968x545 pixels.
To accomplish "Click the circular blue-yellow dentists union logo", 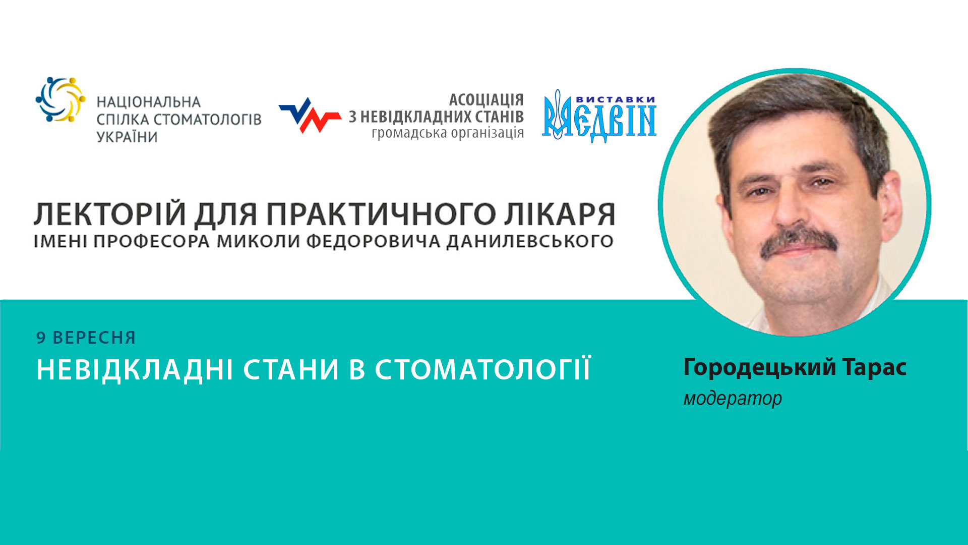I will (x=60, y=99).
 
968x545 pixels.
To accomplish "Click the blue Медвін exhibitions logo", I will (x=599, y=117).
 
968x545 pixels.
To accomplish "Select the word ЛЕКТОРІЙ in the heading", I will (x=109, y=214).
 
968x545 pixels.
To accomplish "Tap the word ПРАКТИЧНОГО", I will (x=381, y=214).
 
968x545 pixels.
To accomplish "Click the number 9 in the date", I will (x=41, y=338).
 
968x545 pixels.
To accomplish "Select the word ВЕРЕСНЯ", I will (x=94, y=338).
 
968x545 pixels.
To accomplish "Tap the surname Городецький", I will (x=760, y=367).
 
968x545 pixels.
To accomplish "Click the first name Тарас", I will (x=874, y=367).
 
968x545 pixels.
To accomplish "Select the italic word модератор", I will (x=733, y=399).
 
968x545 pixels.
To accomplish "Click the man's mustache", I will (x=799, y=241).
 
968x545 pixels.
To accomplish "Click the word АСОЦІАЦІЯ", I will (x=486, y=100).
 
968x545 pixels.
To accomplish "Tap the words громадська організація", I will (x=448, y=133).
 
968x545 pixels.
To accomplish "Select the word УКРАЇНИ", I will (x=127, y=137).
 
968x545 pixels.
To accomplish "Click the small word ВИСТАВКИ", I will (x=615, y=99).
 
